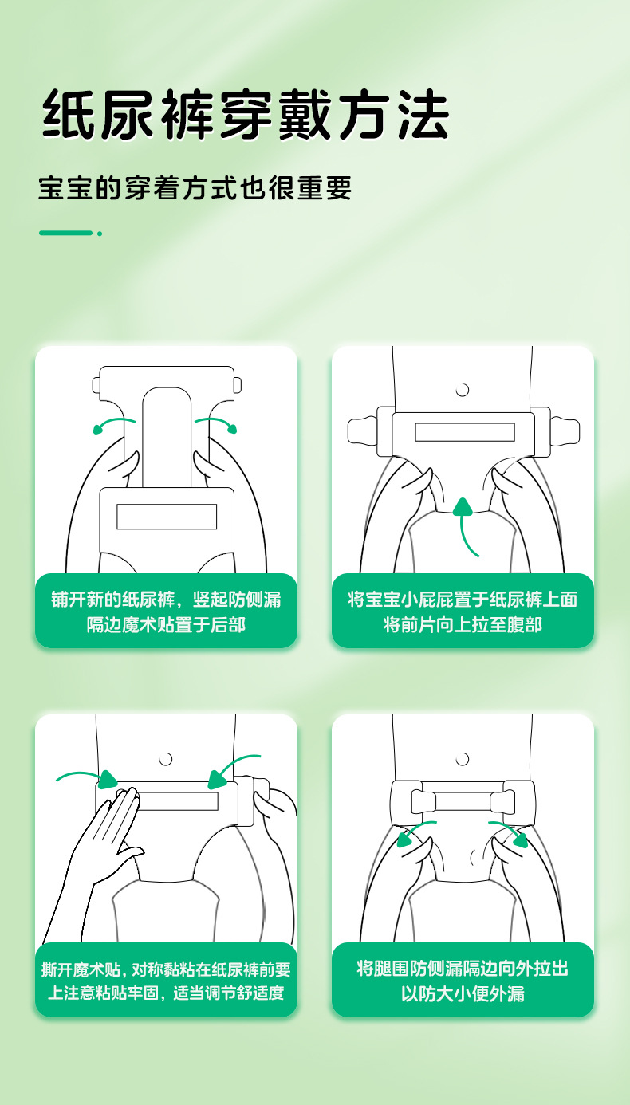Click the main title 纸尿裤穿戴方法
[245, 115]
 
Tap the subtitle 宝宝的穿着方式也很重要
[195, 188]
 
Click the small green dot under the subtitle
[100, 234]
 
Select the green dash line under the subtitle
[65, 233]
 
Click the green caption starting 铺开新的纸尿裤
[166, 611]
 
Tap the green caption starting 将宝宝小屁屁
[463, 611]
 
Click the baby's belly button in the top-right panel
[463, 390]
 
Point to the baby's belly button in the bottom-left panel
[166, 759]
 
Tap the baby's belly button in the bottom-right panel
[463, 759]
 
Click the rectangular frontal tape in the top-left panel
[167, 517]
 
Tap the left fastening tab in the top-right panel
[363, 431]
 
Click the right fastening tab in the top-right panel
[565, 431]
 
